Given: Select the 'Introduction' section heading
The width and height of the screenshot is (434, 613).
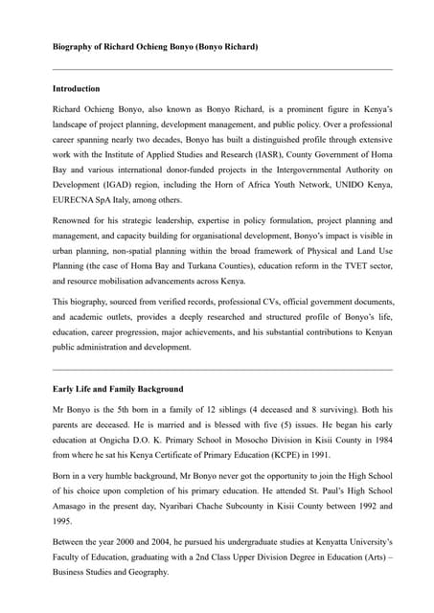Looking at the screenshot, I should pyautogui.click(x=77, y=88).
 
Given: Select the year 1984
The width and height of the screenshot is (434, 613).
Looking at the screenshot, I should pyautogui.click(x=380, y=442).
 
